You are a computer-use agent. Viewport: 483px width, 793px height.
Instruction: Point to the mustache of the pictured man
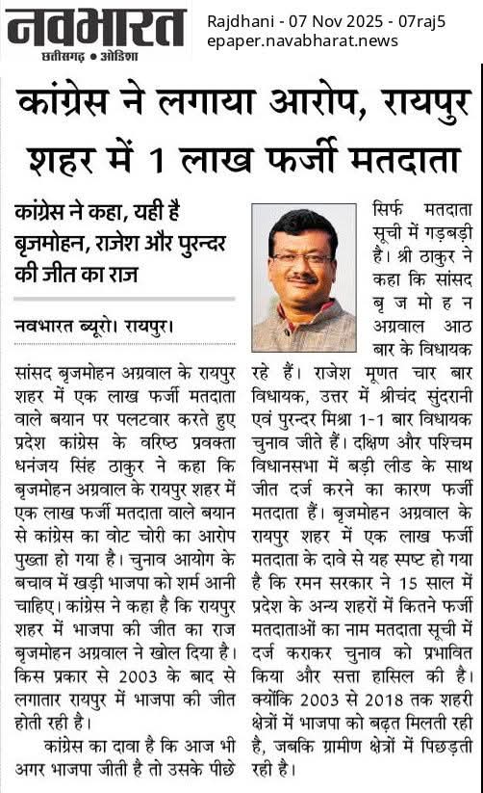[303, 281]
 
